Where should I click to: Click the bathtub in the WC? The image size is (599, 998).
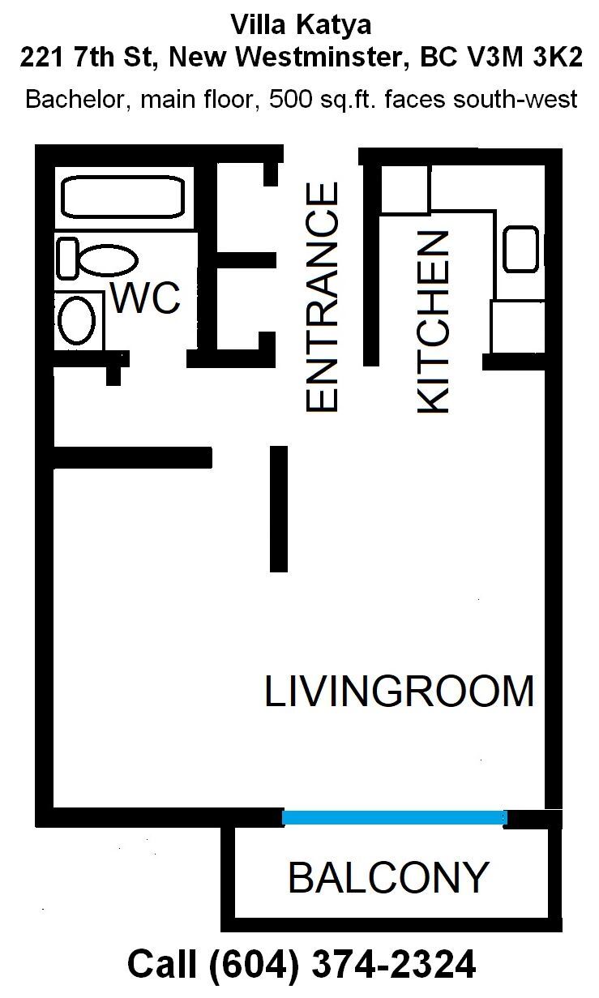pos(122,197)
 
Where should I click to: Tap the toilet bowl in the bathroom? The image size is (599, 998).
pos(109,259)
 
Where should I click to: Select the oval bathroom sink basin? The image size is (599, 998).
pos(77,320)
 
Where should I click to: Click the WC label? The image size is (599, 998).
pos(145,298)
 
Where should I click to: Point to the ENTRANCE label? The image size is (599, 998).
pos(322,297)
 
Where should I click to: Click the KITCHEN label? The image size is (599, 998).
pos(433,322)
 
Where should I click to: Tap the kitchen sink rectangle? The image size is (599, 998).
pos(520,249)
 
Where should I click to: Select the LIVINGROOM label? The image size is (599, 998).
pos(399,691)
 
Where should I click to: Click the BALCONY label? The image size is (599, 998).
pos(388,877)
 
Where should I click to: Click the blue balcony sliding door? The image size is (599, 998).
pos(395,817)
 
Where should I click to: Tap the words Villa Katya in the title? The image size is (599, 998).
pos(301,26)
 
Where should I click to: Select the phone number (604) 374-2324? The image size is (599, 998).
pos(342,964)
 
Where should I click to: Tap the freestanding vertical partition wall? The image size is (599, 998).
pos(279,509)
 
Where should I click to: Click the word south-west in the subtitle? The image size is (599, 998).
pos(516,99)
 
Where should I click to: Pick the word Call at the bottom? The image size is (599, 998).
pos(162,964)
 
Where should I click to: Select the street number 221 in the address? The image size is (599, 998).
pos(41,57)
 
